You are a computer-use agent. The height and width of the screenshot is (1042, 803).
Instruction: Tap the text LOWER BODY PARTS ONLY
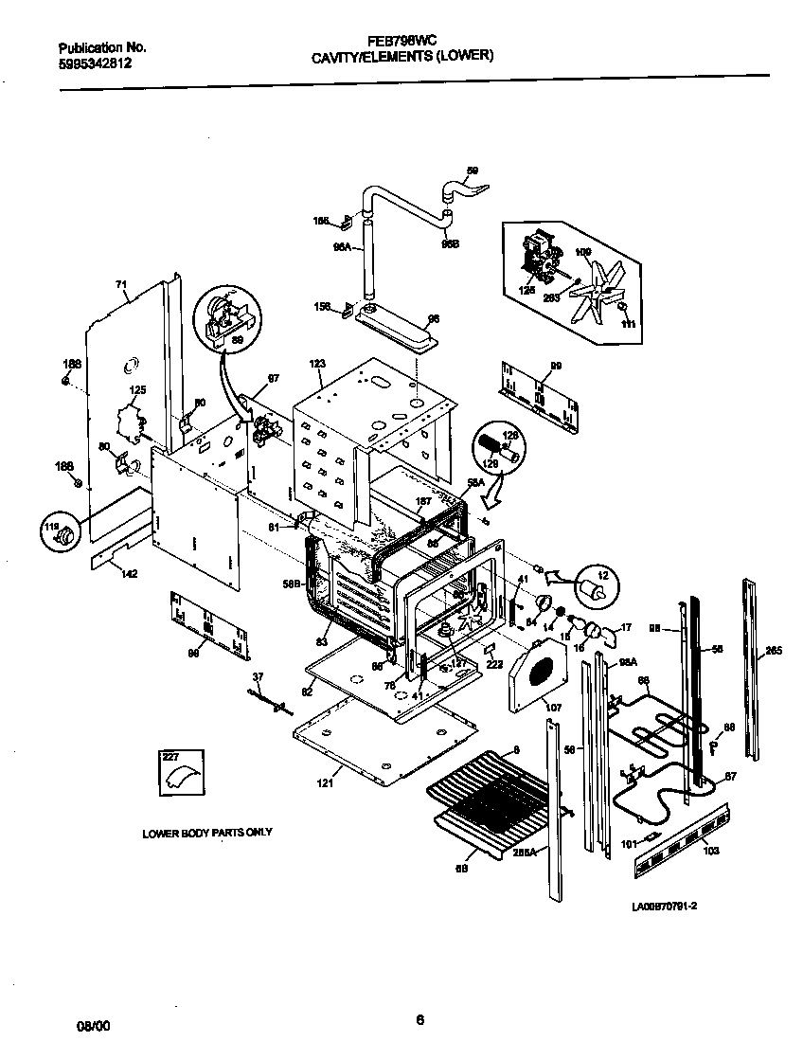click(207, 833)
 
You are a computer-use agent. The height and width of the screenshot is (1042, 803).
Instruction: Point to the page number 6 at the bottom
click(419, 1019)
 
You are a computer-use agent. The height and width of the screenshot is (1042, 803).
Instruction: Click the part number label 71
click(121, 284)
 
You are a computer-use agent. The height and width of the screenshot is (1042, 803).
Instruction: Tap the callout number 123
click(317, 364)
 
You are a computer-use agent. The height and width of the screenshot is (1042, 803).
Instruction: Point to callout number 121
click(325, 782)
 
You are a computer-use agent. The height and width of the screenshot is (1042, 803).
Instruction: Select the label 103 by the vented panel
click(711, 851)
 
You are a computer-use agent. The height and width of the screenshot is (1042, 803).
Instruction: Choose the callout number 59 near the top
click(473, 171)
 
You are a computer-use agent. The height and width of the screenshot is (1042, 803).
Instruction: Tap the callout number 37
click(257, 676)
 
